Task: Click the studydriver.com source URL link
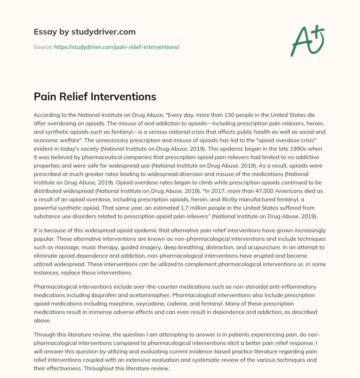116,47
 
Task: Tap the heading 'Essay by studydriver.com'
84,32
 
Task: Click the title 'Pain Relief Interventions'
95,96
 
